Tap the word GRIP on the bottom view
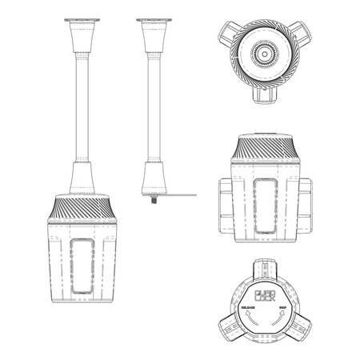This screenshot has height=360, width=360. coord(282,306)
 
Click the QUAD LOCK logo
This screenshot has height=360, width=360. coord(263,294)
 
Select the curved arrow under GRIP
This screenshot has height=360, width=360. coord(279,318)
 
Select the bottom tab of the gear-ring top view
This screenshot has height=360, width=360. coord(263,95)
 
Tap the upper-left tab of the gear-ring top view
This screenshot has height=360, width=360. coord(227,32)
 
